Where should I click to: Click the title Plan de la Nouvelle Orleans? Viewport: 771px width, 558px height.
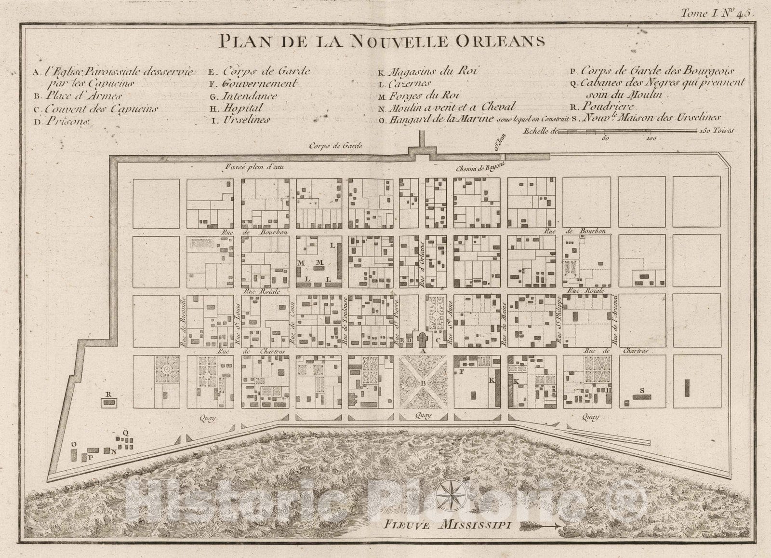pos(382,41)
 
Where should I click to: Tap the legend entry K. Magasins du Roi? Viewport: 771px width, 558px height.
pos(428,71)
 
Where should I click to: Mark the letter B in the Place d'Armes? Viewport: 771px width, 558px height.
pos(423,383)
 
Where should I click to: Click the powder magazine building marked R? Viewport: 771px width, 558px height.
pos(108,402)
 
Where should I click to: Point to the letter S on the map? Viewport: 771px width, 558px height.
pos(642,390)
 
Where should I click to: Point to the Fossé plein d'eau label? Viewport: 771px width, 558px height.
pos(252,167)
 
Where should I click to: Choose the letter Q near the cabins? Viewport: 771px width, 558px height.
pos(125,433)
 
